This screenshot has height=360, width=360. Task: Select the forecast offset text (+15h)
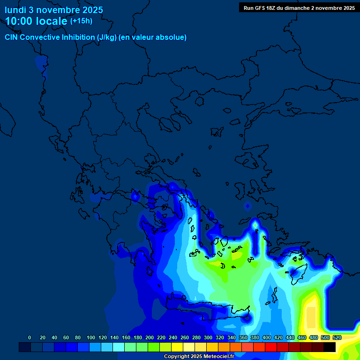pyautogui.click(x=81, y=21)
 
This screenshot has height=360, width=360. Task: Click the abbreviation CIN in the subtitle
pyautogui.click(x=12, y=37)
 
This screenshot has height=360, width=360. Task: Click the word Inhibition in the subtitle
pyautogui.click(x=78, y=37)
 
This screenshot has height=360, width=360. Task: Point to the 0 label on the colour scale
pyautogui.click(x=30, y=337)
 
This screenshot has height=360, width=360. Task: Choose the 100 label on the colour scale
pyautogui.click(x=91, y=337)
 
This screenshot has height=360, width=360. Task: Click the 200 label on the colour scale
pyautogui.click(x=150, y=337)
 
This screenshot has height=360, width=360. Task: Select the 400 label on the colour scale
pyautogui.click(x=267, y=337)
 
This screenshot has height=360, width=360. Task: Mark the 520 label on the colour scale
pyautogui.click(x=337, y=337)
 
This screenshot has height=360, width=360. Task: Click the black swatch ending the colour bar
pyautogui.click(x=330, y=347)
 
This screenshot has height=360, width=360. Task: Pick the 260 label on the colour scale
pyautogui.click(x=185, y=337)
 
